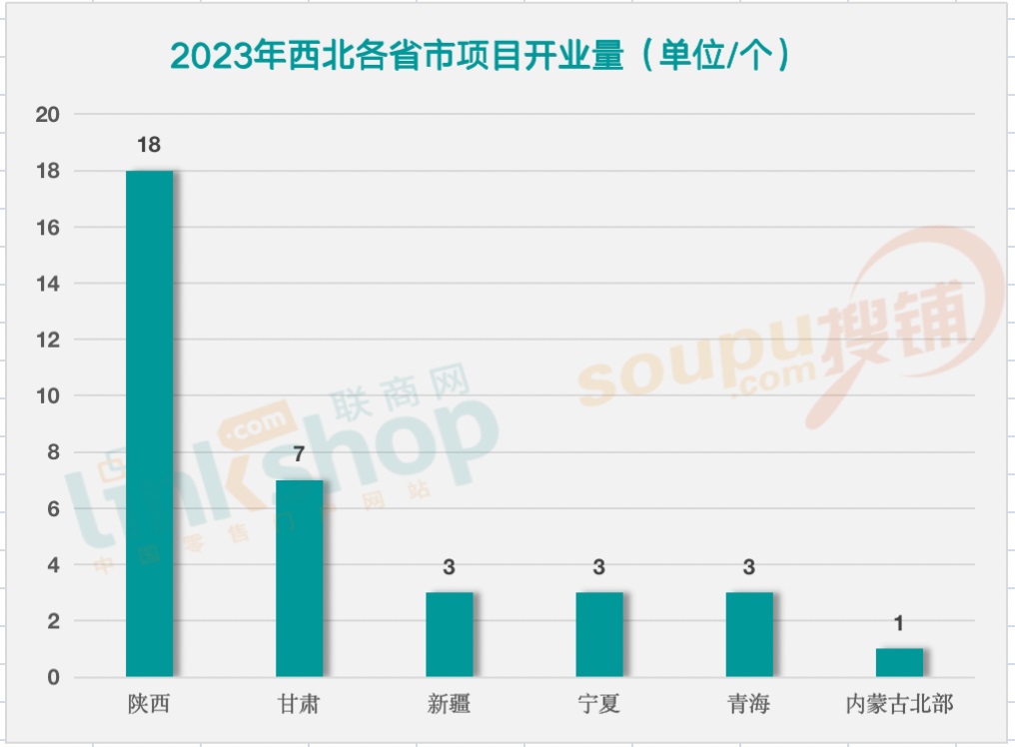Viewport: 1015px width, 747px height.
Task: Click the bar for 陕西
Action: click(x=149, y=423)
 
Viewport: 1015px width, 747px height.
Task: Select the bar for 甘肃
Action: click(x=299, y=578)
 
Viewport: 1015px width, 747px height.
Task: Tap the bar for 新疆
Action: click(x=449, y=634)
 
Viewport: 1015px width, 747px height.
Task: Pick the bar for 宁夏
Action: click(x=598, y=634)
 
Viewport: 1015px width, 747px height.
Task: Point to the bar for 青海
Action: click(x=749, y=634)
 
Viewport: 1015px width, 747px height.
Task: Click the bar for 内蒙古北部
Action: click(x=899, y=662)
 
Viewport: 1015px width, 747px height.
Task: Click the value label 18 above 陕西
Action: click(x=149, y=145)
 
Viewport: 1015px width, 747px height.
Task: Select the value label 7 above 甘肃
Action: click(x=299, y=454)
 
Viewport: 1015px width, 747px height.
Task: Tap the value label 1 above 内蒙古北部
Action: click(x=899, y=623)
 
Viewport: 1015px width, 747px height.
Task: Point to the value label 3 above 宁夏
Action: click(x=598, y=567)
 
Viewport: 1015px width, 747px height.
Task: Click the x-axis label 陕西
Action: click(x=149, y=704)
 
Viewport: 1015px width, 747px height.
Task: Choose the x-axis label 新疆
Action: click(x=449, y=704)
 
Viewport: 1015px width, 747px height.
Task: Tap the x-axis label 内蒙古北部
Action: click(x=899, y=704)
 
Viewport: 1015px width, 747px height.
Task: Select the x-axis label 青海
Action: click(x=749, y=704)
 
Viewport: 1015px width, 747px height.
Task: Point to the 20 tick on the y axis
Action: click(x=48, y=115)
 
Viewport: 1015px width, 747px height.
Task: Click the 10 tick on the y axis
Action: click(x=48, y=396)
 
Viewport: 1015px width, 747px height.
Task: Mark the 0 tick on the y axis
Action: click(x=54, y=678)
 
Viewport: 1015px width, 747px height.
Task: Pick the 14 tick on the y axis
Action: click(x=48, y=284)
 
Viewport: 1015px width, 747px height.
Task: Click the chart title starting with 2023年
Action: click(x=480, y=56)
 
